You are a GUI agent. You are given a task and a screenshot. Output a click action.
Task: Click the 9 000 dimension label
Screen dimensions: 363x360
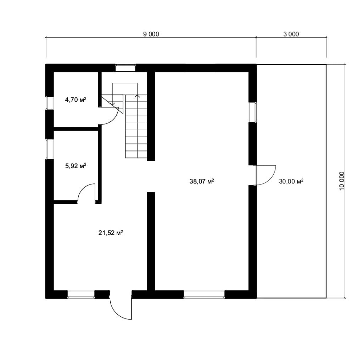[x=151, y=34]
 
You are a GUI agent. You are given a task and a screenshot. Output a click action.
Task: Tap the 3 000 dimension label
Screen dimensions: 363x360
[x=291, y=34]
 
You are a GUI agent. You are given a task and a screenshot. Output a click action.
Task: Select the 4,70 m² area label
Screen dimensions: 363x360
[x=76, y=100]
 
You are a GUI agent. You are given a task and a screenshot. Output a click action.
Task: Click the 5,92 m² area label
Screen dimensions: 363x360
[x=76, y=166]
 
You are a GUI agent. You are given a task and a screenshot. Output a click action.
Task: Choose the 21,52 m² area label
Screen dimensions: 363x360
[x=111, y=233]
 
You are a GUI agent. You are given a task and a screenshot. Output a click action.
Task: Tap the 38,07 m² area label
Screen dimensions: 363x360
[x=202, y=181]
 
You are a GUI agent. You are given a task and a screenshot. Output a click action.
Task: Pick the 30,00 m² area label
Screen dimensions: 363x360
[x=291, y=181]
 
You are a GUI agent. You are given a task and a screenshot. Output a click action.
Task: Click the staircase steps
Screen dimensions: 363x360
[x=136, y=126]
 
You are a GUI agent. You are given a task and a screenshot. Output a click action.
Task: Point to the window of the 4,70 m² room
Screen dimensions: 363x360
[x=50, y=103]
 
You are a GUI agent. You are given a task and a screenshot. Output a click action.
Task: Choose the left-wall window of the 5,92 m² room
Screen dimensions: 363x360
[x=50, y=149]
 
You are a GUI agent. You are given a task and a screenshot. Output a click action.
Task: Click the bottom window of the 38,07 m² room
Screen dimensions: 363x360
[x=204, y=294]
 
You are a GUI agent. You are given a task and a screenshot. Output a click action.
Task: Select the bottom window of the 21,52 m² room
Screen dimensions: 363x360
[x=81, y=294]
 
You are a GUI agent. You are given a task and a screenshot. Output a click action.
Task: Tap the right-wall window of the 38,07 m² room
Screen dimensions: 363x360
[x=252, y=112]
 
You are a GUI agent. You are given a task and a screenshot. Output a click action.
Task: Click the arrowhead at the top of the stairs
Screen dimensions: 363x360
[x=138, y=95]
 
